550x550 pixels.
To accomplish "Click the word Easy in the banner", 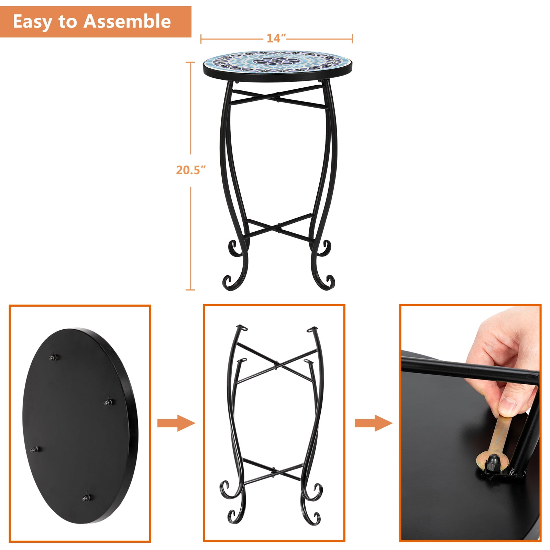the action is pos(33,22).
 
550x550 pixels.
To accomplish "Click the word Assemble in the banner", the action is pos(128,21).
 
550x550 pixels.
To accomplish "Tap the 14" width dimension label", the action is pos(276,38).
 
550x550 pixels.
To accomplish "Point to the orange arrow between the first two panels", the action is pos(176,423).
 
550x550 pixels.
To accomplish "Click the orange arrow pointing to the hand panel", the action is pos(373,423).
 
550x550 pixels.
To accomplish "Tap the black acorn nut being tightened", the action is pos(493,460).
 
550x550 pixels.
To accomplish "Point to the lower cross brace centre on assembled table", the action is pos(279,227).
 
